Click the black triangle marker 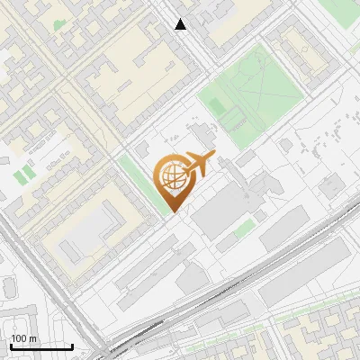click(x=181, y=24)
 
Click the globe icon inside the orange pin click(x=171, y=177)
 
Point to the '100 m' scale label click(x=24, y=338)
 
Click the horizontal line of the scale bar click(x=41, y=346)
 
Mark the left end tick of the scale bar click(x=11, y=346)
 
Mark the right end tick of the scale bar click(x=72, y=346)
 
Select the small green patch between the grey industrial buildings click(x=243, y=229)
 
